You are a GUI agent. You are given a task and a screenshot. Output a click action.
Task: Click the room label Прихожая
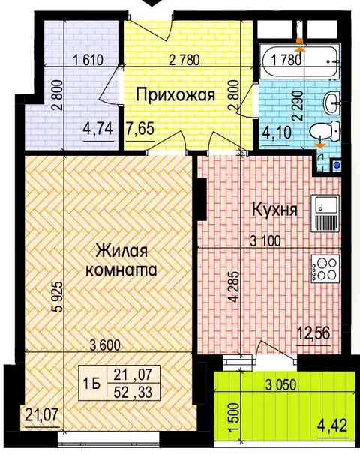coord(175,95)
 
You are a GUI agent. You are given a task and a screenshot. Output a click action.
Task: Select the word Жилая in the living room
coord(121,251)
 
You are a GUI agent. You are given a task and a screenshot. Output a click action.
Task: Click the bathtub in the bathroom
coord(300,61)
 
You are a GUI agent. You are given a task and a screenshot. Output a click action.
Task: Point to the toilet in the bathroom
coord(325,132)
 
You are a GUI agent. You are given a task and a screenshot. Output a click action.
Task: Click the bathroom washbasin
coord(332,103)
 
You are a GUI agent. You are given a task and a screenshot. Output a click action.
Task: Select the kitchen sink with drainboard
coord(325,213)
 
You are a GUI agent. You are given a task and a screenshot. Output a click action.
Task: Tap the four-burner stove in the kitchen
coord(325,269)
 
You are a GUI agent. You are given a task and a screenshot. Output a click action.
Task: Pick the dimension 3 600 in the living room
coord(105,345)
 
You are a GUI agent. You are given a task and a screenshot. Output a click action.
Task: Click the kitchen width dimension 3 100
coord(265,241)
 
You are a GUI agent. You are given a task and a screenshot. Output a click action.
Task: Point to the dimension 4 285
coord(235,286)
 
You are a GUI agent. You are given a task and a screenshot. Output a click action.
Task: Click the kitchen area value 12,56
coord(313,334)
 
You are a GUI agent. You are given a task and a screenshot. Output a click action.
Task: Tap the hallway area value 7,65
coord(140,128)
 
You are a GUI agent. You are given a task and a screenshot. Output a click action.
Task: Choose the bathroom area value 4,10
coord(276,133)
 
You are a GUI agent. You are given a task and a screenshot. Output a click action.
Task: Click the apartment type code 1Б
coord(92,384)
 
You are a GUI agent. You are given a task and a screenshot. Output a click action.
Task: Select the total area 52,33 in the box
coord(133,393)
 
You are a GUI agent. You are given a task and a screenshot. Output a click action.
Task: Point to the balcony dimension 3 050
coord(281,385)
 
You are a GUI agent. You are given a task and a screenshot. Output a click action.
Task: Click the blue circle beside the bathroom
coord(336,166)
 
